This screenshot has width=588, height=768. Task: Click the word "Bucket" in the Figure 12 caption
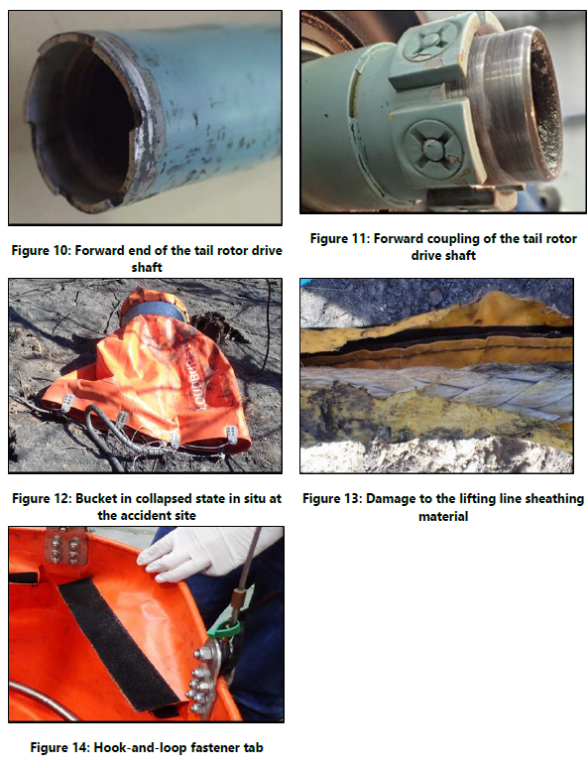click(x=105, y=498)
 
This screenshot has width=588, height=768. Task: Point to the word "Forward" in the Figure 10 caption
click(x=108, y=251)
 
